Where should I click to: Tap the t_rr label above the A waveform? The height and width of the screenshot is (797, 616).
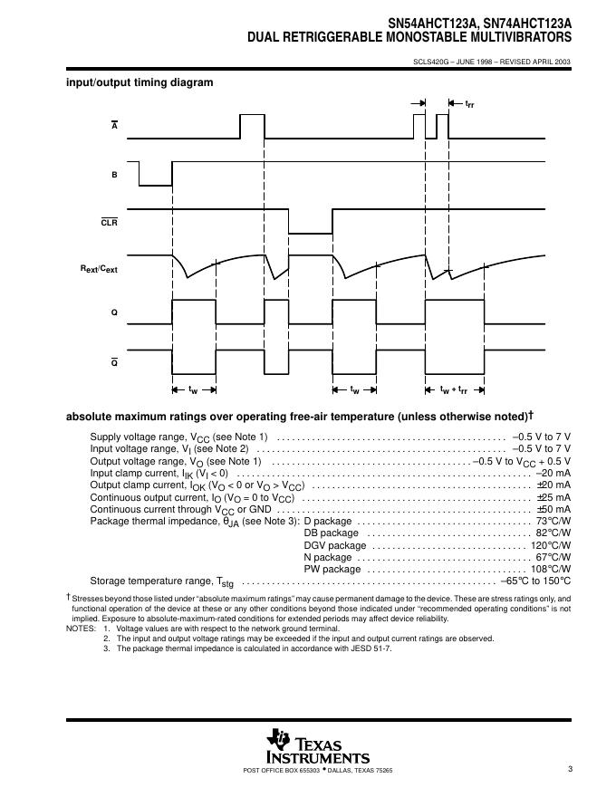469,104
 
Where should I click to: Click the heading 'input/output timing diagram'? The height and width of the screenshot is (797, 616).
140,82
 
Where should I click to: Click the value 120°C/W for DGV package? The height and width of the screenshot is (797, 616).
550,545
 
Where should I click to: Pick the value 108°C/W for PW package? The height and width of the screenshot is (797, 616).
550,569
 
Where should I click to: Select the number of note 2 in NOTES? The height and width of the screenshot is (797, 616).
106,639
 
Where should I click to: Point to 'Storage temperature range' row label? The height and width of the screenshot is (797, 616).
150,581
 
